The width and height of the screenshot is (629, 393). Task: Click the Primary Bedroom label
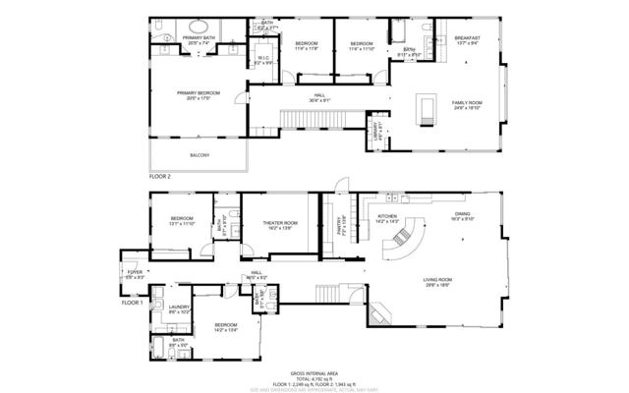199,95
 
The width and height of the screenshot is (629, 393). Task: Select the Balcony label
199,155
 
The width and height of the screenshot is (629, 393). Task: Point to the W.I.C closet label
264,59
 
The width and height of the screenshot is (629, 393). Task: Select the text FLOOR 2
160,176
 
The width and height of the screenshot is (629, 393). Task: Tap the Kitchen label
387,217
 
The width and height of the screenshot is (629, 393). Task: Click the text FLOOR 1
133,302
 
